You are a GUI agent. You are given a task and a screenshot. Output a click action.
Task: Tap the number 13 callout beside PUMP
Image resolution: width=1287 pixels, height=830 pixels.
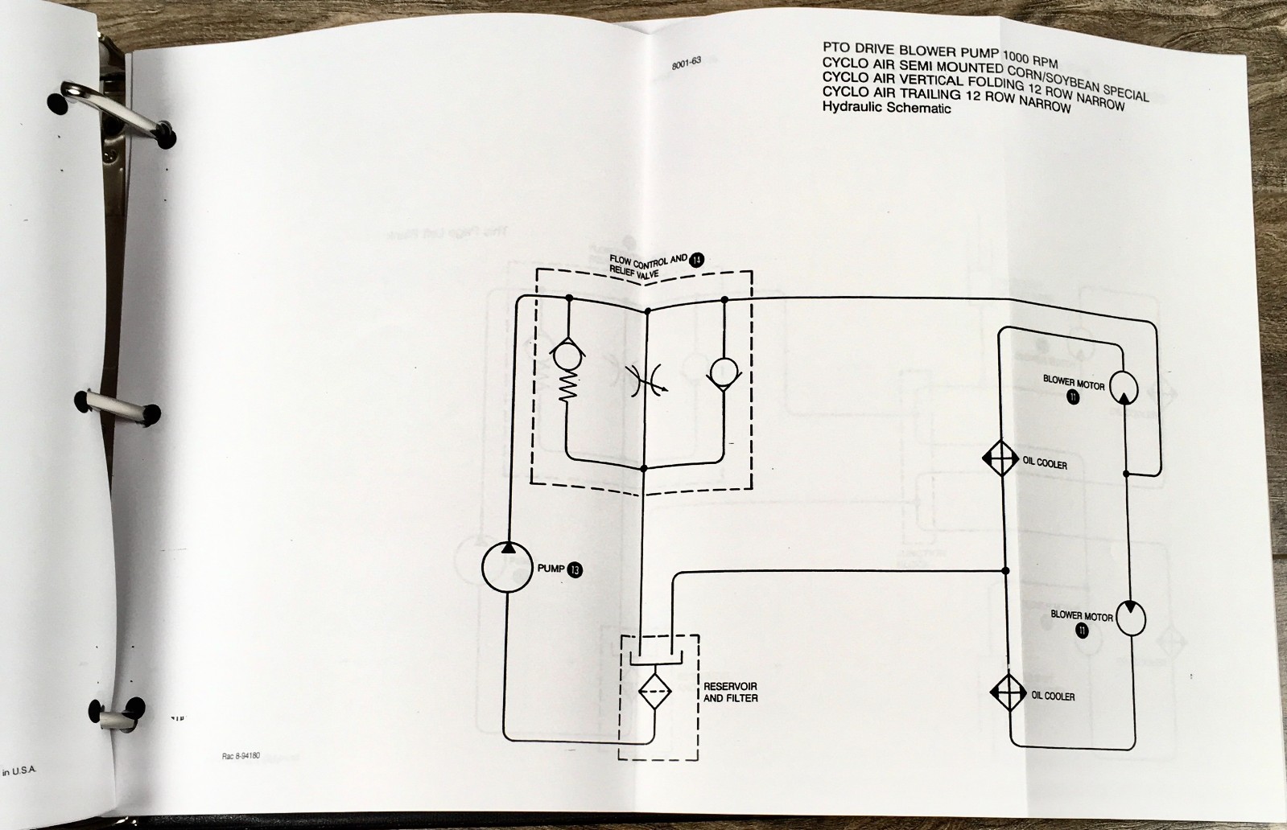575,569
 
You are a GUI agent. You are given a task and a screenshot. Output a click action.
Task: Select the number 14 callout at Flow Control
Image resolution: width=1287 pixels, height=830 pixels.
696,259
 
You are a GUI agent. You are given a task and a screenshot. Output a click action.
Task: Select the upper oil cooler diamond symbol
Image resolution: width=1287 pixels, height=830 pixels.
1000,459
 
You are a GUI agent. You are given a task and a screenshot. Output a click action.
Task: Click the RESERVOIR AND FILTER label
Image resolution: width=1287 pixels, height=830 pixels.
730,692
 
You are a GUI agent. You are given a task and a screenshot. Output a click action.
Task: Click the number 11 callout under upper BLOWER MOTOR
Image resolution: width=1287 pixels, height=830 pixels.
1072,398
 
